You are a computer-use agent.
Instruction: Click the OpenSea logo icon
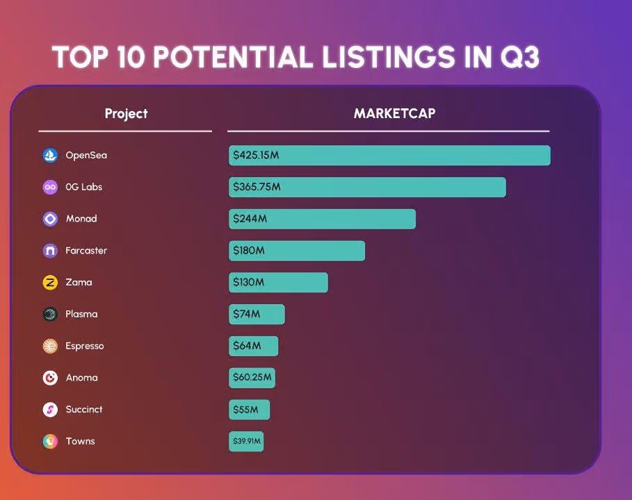[49, 155]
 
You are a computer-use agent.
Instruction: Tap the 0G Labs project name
[83, 187]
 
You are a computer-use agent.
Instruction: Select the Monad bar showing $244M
[322, 219]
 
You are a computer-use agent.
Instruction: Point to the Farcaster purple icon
[49, 251]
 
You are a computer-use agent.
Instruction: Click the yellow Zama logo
[49, 283]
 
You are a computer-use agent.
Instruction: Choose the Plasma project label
[81, 314]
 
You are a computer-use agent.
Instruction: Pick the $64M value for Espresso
[247, 346]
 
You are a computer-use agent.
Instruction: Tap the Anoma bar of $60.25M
[252, 378]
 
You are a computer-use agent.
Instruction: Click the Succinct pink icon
[49, 410]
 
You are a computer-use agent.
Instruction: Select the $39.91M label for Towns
[246, 442]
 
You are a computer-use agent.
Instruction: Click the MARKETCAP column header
[394, 113]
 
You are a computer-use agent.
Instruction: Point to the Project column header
[126, 113]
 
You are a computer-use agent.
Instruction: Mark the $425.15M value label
[256, 156]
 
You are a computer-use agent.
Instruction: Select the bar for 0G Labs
[367, 187]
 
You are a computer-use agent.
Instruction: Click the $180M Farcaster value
[249, 251]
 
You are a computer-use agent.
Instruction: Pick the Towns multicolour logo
[49, 441]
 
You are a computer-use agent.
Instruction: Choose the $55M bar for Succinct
[249, 410]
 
